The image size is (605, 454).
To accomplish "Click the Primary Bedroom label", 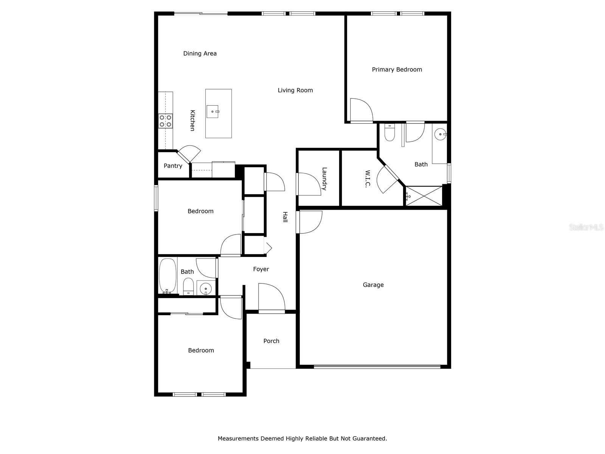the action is click(x=397, y=70).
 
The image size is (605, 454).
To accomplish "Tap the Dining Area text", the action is click(x=200, y=53).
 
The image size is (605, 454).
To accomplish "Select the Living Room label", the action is click(x=295, y=90).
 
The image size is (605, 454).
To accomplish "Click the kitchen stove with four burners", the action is click(x=165, y=121).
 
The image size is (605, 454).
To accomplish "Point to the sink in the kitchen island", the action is click(x=213, y=112).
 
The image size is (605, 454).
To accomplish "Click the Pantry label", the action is click(x=173, y=166).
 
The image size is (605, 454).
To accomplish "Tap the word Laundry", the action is click(x=324, y=179).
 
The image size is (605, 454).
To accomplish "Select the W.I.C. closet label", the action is click(x=368, y=179).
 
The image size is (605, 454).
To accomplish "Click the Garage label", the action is click(x=373, y=285).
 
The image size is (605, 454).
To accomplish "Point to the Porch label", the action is click(x=271, y=341).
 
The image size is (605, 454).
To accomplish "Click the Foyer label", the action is click(x=261, y=269).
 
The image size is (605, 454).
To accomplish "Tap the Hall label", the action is click(x=285, y=217).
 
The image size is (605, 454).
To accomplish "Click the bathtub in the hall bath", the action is click(x=168, y=275).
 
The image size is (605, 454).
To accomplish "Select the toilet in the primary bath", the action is click(x=389, y=132).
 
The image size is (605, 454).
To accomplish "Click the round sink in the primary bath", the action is click(x=440, y=134).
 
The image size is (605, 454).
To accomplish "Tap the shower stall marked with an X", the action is click(x=423, y=196).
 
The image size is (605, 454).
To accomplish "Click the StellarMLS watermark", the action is click(x=586, y=227).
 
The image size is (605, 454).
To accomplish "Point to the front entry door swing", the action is click(x=271, y=297).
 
